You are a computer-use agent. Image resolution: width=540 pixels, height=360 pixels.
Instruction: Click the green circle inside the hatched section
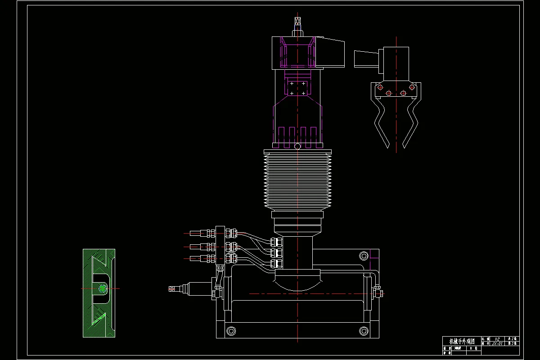(102, 288)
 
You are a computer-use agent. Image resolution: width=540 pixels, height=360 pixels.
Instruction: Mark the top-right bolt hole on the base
(364, 256)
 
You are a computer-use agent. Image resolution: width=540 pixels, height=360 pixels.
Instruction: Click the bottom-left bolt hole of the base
(231, 331)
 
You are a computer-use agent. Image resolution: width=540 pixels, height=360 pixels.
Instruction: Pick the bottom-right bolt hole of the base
(364, 331)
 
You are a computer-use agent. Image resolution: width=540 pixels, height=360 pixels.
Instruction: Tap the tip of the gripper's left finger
(387, 147)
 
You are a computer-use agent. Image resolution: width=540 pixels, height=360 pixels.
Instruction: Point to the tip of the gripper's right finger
(404, 147)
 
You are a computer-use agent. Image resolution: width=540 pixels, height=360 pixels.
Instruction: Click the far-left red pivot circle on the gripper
(380, 87)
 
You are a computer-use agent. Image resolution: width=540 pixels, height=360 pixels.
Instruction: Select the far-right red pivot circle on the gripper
(412, 87)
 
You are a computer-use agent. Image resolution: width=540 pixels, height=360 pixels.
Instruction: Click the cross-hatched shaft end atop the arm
(297, 21)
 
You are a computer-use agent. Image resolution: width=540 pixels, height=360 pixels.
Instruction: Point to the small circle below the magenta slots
(297, 146)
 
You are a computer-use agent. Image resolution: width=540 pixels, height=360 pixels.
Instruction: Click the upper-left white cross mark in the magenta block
(292, 84)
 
